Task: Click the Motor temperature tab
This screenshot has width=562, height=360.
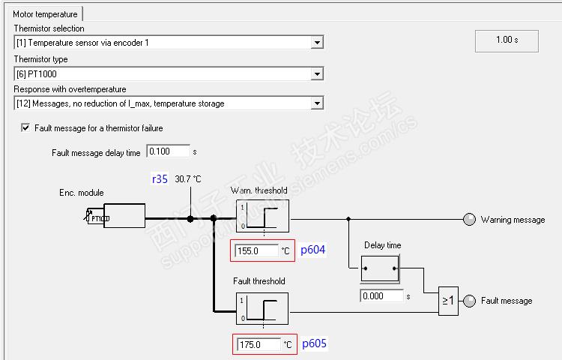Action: click(45, 14)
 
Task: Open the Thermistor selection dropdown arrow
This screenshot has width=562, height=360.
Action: click(317, 43)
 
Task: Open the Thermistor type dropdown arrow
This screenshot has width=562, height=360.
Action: click(317, 73)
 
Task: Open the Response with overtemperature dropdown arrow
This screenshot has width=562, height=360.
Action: click(317, 103)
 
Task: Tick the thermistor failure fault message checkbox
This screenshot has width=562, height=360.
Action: click(25, 127)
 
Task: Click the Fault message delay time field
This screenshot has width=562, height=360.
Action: click(168, 151)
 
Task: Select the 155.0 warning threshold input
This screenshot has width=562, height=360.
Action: click(256, 250)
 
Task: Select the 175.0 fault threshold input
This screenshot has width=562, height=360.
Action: click(259, 344)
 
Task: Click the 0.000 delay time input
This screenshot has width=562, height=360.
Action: click(381, 295)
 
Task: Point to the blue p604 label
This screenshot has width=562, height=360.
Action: click(312, 250)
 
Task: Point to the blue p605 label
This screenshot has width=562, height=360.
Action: click(314, 343)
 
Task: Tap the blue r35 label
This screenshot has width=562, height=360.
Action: click(160, 179)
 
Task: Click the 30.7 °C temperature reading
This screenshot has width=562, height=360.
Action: click(188, 179)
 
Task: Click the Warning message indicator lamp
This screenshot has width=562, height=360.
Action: click(470, 219)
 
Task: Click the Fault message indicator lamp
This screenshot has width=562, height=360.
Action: click(470, 301)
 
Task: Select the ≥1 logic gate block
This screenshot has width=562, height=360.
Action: click(448, 301)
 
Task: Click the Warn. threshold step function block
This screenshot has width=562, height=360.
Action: click(262, 216)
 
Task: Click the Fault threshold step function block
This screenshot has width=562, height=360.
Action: click(262, 309)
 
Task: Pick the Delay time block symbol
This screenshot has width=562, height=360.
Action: click(380, 268)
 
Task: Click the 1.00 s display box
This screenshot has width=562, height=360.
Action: click(507, 41)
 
